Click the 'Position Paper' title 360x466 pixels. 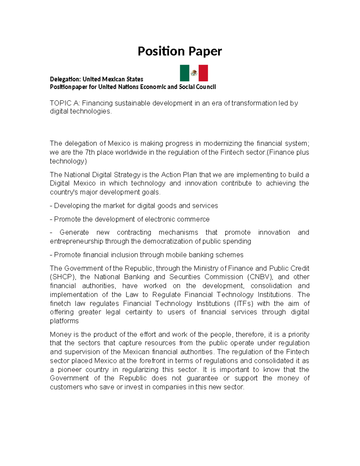pos(180,51)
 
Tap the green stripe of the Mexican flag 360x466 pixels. pos(184,73)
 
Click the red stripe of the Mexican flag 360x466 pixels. pos(203,73)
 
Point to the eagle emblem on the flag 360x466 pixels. pos(194,73)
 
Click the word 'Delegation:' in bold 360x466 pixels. pos(65,79)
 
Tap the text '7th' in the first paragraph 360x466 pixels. pos(90,152)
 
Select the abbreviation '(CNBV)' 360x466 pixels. pos(259,277)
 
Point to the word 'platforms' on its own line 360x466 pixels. pos(64,321)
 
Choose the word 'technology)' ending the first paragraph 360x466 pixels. pos(68,161)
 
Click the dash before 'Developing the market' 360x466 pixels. pos(51,206)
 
